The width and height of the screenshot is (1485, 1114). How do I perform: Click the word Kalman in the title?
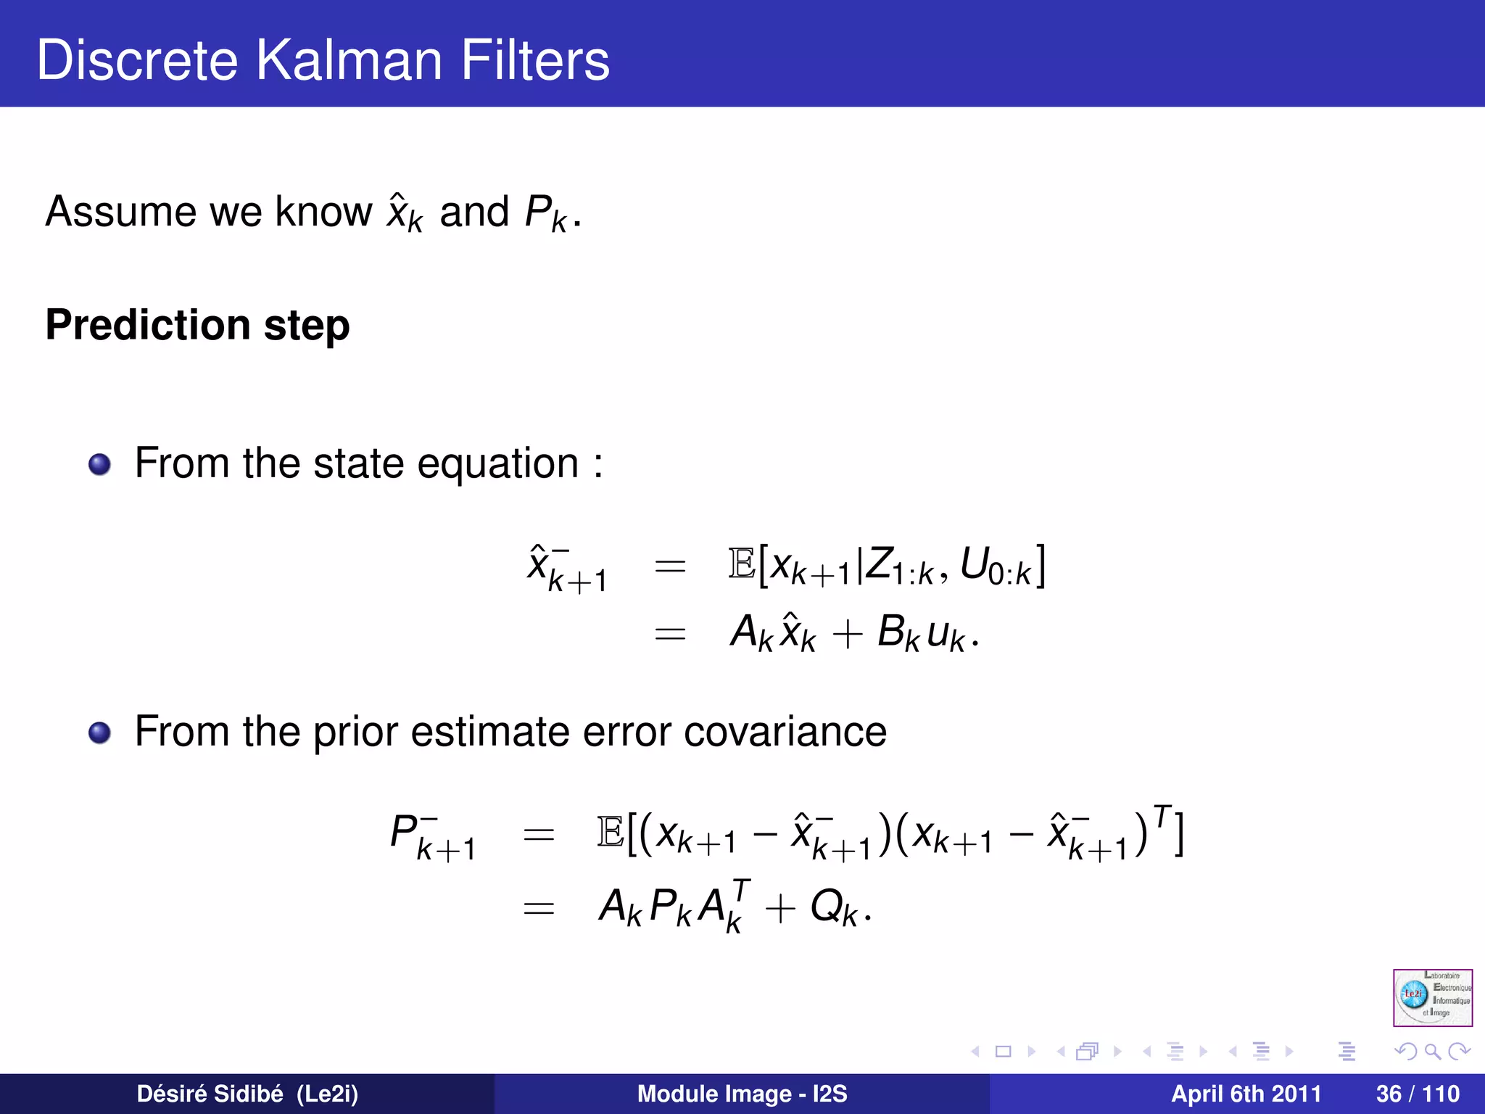click(349, 60)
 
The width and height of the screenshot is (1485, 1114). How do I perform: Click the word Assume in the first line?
click(120, 212)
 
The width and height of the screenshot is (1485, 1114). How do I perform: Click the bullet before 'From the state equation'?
click(99, 464)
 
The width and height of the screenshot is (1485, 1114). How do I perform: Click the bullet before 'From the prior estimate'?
click(99, 733)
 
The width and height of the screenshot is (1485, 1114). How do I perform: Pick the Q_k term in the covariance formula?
click(833, 907)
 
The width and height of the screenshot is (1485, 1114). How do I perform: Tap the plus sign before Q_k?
click(780, 908)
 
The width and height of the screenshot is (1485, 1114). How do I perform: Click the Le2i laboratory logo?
click(1432, 997)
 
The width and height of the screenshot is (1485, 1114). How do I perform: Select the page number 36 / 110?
click(1417, 1094)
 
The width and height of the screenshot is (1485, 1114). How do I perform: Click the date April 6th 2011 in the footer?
click(1246, 1094)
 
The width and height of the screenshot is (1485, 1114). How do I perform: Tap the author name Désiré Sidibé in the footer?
click(210, 1094)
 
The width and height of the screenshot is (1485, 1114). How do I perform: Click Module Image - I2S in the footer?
click(742, 1094)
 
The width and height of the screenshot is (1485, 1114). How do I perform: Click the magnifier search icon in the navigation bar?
click(1432, 1051)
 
